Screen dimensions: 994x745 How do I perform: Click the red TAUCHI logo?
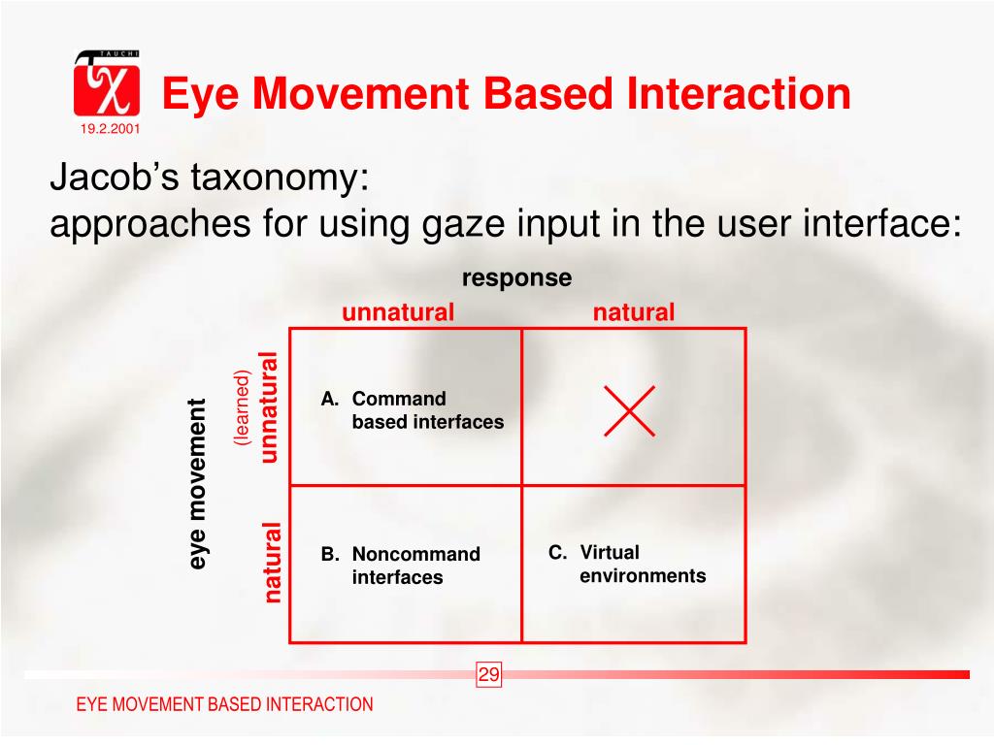click(106, 83)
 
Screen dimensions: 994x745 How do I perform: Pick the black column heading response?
click(516, 278)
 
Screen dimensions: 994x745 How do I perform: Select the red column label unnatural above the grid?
click(397, 312)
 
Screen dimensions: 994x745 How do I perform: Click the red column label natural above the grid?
click(633, 312)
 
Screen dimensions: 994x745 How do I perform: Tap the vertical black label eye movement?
click(198, 483)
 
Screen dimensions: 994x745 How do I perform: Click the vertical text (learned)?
click(242, 407)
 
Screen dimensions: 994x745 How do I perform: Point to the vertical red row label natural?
click(273, 562)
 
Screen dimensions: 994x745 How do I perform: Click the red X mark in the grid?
click(629, 410)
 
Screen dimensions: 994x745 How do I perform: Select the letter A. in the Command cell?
click(330, 400)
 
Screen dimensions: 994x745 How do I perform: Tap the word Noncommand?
click(415, 555)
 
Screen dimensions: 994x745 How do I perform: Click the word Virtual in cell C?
click(610, 553)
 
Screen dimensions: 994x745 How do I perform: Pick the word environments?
click(643, 576)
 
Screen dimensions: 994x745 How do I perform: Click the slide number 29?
click(488, 675)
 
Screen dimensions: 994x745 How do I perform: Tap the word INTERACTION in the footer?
click(319, 705)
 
